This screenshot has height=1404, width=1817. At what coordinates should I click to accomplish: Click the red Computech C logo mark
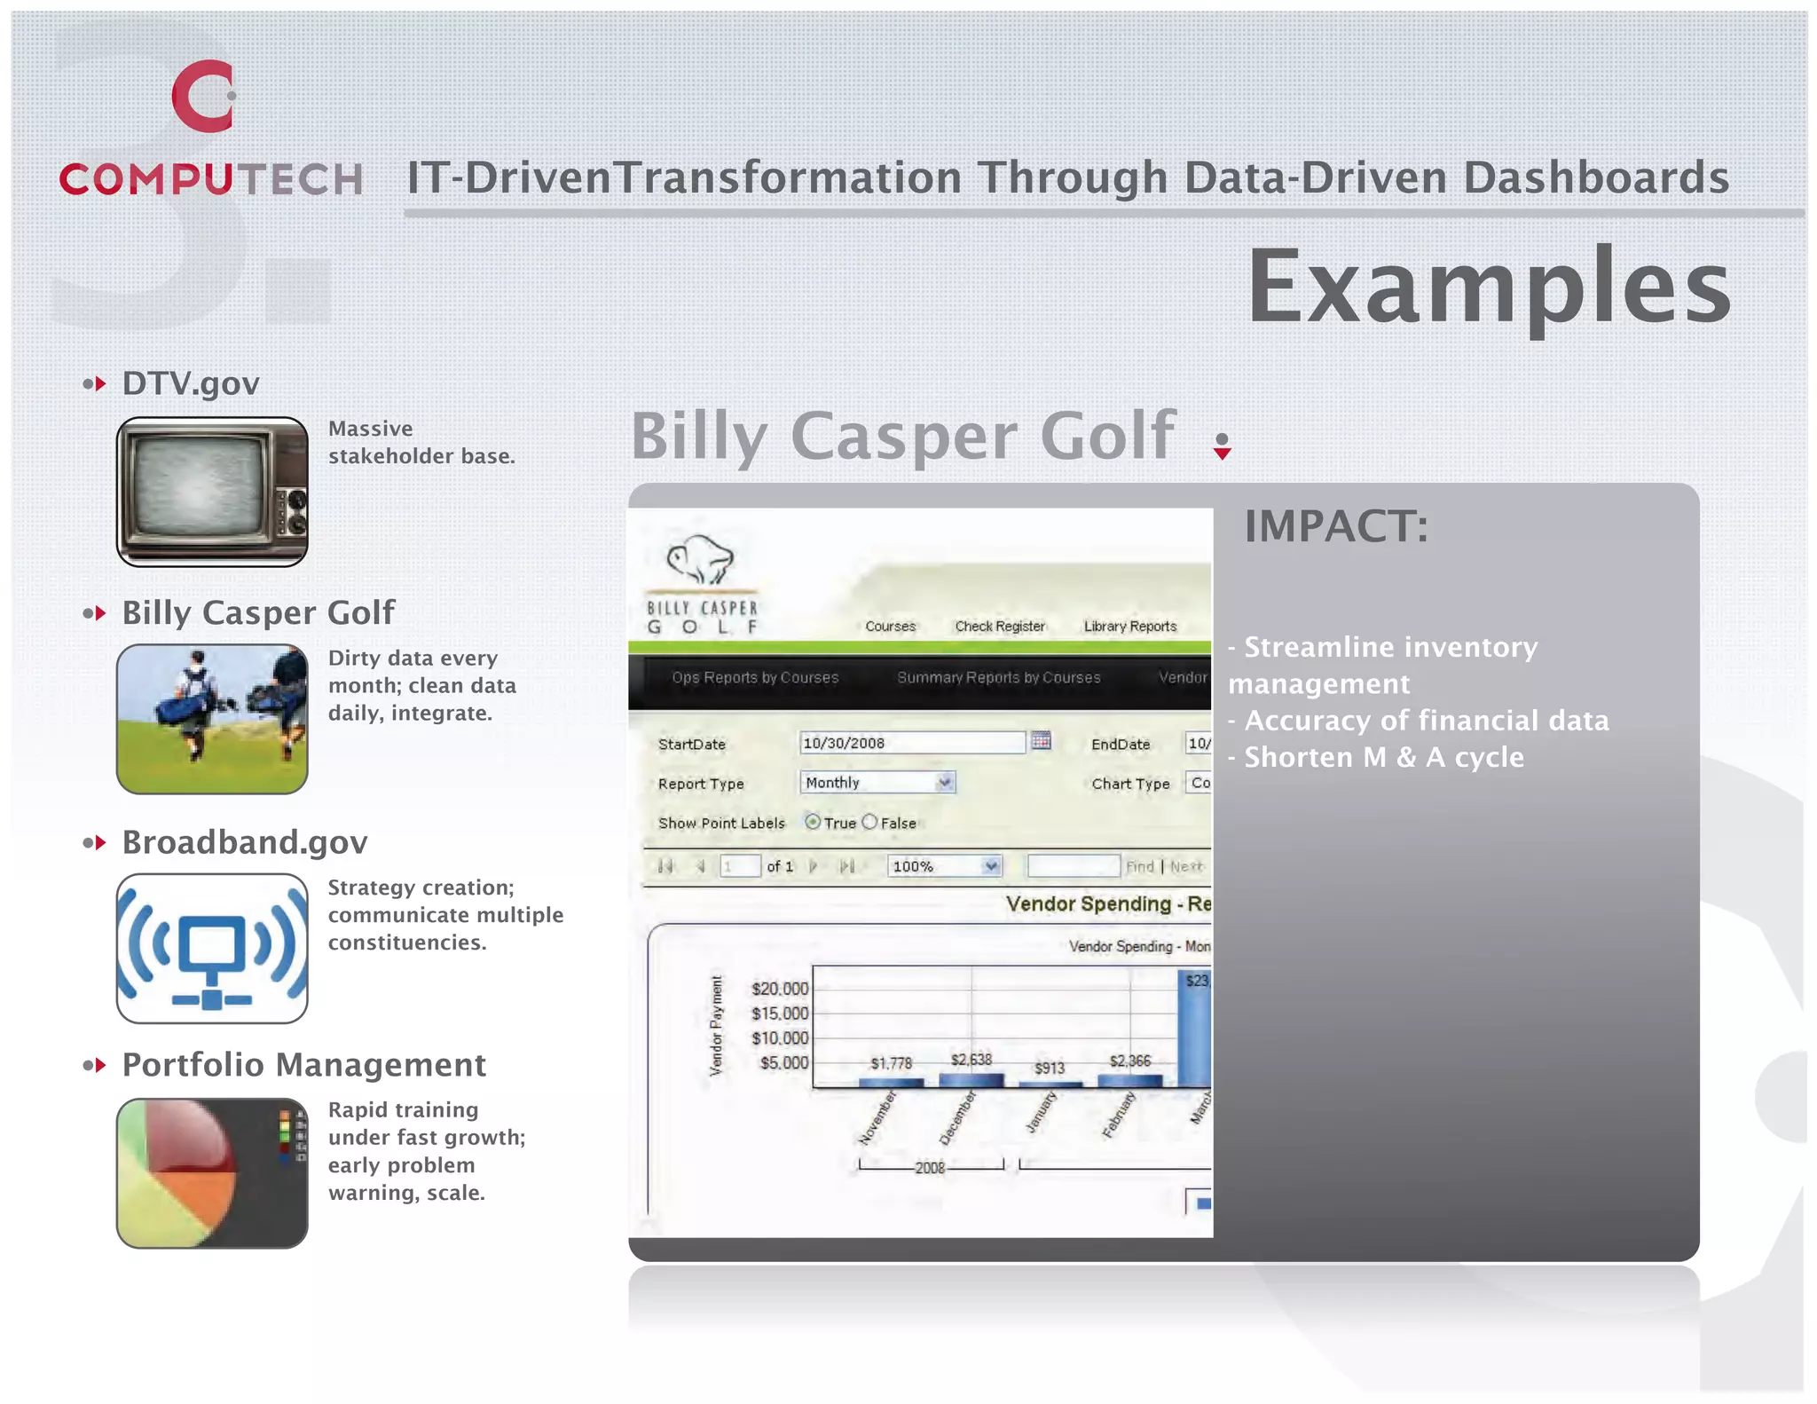click(203, 96)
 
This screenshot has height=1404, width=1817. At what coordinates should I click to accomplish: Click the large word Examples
click(1489, 286)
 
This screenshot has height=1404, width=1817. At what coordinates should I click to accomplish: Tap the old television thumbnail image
click(212, 492)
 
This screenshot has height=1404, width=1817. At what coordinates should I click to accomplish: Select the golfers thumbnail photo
click(212, 719)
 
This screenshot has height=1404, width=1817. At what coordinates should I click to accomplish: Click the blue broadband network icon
click(212, 948)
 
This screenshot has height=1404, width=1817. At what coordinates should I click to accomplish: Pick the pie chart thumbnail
click(212, 1172)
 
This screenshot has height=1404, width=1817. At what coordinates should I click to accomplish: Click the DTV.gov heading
click(190, 383)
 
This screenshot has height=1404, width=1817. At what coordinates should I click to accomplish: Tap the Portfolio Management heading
click(303, 1064)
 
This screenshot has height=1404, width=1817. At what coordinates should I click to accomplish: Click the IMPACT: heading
click(1336, 526)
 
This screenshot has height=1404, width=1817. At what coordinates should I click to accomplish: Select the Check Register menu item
click(1000, 627)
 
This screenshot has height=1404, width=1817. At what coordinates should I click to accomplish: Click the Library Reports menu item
click(1129, 627)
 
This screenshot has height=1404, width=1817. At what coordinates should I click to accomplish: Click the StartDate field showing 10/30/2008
click(911, 743)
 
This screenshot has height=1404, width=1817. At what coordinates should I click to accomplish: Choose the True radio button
click(813, 822)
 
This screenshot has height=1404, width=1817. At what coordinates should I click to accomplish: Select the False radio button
click(870, 822)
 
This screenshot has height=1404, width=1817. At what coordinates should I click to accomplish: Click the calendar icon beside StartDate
click(1042, 741)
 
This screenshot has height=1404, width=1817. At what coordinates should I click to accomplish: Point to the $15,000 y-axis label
click(780, 1014)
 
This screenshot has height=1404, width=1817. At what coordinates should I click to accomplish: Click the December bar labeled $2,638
click(971, 1079)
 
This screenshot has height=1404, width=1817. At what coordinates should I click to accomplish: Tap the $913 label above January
click(1050, 1068)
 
